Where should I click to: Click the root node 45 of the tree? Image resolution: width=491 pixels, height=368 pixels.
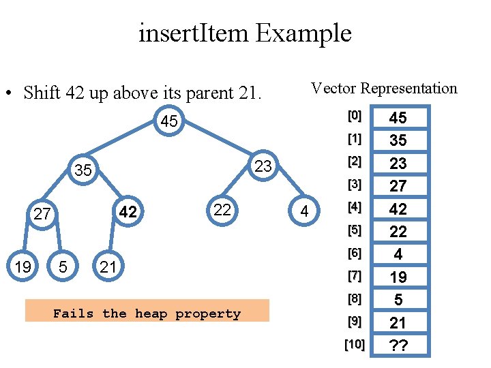click(x=168, y=122)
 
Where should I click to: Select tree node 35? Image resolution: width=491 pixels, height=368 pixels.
click(x=83, y=170)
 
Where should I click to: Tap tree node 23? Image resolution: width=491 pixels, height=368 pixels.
click(x=263, y=166)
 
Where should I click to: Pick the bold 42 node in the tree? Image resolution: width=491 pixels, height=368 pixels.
click(x=128, y=213)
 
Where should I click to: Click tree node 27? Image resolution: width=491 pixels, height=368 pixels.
click(x=42, y=214)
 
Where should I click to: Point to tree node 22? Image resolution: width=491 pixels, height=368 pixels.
click(x=222, y=210)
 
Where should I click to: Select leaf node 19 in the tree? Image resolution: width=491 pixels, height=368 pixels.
click(x=23, y=266)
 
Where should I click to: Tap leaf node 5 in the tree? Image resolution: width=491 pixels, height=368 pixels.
click(x=63, y=266)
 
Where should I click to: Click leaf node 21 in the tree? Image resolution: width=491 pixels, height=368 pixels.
click(x=108, y=266)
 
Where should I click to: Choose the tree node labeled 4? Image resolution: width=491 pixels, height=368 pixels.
click(x=305, y=213)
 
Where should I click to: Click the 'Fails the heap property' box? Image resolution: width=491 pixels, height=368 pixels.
click(x=147, y=313)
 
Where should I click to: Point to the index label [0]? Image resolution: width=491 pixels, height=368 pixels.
click(x=354, y=116)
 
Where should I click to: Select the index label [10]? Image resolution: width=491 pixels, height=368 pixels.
click(x=354, y=344)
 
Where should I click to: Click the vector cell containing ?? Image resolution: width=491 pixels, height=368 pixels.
click(x=398, y=346)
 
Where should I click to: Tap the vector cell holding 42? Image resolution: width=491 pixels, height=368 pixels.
click(x=398, y=209)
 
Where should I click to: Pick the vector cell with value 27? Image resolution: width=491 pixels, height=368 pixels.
click(x=398, y=186)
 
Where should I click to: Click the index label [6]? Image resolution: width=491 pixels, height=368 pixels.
click(x=354, y=253)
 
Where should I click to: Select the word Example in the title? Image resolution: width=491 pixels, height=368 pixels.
click(x=304, y=33)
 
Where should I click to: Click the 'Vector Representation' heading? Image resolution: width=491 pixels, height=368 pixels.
click(x=384, y=89)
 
